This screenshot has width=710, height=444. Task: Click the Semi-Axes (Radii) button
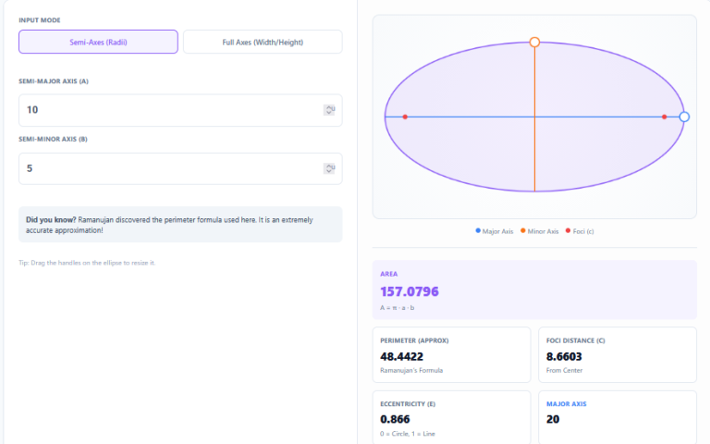point(98,42)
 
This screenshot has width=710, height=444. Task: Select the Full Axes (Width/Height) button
point(263,42)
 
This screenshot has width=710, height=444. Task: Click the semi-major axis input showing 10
point(166,110)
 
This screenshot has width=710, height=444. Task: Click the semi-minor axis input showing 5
point(166,168)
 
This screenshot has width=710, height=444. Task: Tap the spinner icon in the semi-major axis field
point(329,110)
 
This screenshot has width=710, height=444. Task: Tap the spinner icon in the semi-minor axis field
point(329,168)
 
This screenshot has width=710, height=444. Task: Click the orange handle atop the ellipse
point(534,42)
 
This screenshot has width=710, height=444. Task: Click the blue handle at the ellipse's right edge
point(684,117)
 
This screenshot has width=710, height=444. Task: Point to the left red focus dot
point(405,117)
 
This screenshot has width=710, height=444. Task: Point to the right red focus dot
point(665,117)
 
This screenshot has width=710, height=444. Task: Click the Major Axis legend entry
point(495,231)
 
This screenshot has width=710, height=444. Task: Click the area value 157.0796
point(410,291)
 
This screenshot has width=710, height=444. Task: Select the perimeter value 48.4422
point(402,355)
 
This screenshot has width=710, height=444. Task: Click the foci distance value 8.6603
point(566,355)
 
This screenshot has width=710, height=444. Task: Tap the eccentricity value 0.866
point(397,419)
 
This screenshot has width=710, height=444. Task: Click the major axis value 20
point(554,419)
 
